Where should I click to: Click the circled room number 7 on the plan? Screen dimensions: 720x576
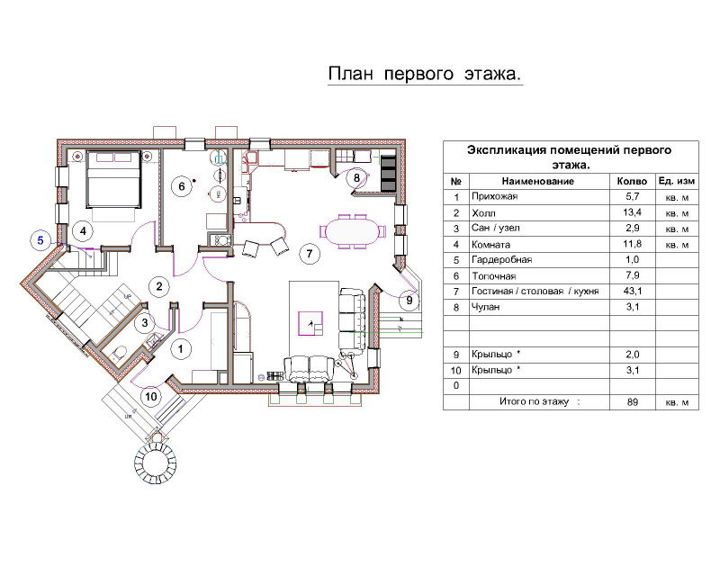point(310,253)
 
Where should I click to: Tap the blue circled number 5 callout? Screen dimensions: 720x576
point(40,240)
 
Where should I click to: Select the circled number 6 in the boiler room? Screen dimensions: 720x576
point(182,186)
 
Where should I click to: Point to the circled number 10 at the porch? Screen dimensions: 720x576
point(151,396)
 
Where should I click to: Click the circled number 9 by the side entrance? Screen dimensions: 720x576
point(409,301)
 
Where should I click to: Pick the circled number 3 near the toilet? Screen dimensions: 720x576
point(145,323)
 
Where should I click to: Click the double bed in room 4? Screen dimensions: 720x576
point(113,180)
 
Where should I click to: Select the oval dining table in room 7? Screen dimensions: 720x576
point(353,231)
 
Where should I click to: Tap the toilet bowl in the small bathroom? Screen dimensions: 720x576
point(119,353)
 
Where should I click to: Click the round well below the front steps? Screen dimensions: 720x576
point(155,461)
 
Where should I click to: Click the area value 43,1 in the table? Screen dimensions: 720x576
point(633,291)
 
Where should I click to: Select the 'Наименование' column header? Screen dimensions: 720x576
point(537,181)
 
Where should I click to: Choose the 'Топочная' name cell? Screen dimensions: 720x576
point(494,276)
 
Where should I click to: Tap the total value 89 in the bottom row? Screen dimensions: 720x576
point(633,402)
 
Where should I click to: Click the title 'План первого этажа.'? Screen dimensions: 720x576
point(425,74)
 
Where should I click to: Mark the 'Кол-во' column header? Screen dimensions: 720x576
point(632,182)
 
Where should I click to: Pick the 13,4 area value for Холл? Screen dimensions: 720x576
point(633,212)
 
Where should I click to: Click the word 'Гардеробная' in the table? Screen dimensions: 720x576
point(502,260)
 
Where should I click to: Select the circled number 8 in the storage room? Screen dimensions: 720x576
point(356,177)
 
